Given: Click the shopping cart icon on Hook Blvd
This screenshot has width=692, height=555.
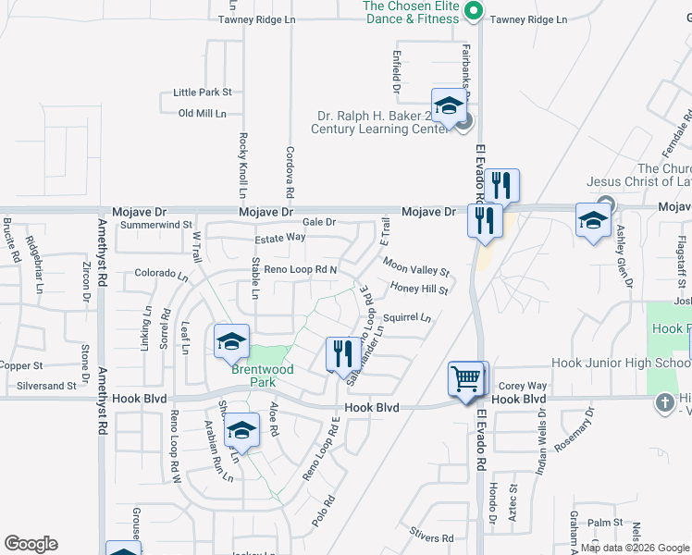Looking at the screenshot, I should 467,377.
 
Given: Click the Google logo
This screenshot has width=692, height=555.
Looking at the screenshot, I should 31,544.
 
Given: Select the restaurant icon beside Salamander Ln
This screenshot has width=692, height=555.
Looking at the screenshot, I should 341,352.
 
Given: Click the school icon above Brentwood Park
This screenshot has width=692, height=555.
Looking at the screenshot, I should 231,341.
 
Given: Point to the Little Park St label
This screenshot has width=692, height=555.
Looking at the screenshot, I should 202,92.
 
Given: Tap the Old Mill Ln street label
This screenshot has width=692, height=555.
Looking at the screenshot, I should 202,113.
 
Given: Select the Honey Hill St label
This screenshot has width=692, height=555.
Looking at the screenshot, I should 419,290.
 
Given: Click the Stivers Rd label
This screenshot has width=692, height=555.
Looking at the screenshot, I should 433,537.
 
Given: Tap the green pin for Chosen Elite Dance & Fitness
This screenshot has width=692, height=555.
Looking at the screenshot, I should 473,12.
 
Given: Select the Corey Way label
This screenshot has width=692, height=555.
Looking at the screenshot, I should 523,386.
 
